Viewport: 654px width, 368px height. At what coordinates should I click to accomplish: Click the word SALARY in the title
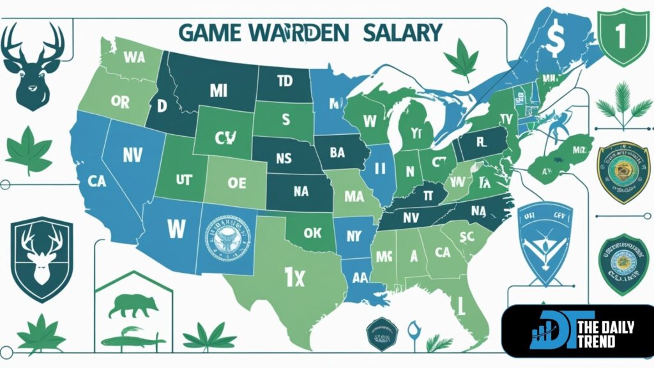402,31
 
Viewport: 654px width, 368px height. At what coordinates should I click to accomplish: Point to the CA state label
97,181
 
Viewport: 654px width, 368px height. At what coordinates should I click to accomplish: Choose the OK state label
312,233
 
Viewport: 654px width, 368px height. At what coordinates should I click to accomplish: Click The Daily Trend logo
577,330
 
